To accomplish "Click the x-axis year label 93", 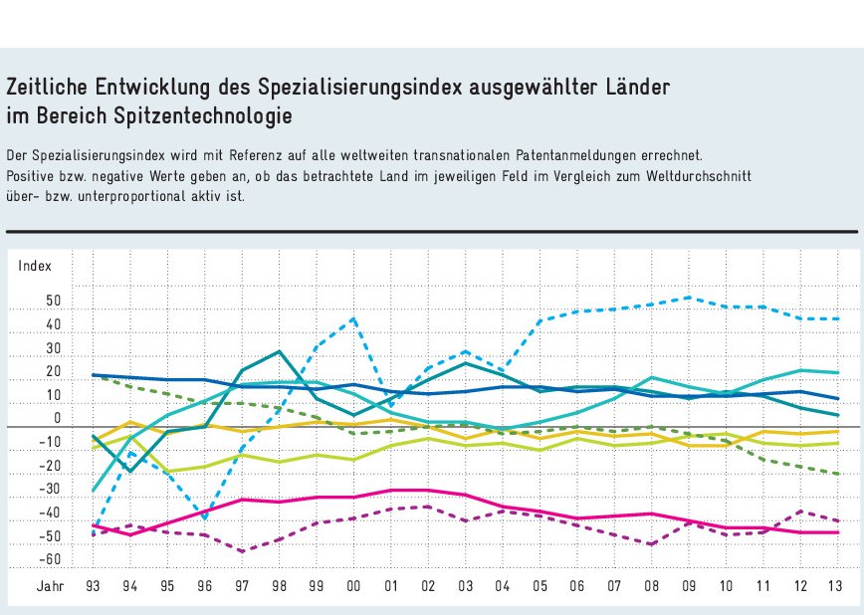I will tap(94, 586).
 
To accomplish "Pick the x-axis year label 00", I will tap(353, 586).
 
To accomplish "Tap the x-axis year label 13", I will tap(836, 586).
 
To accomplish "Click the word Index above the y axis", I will tap(34, 266).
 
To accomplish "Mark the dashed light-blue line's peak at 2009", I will tap(688, 297).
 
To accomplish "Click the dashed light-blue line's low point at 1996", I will tap(205, 518).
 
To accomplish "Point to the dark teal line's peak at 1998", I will tap(280, 351).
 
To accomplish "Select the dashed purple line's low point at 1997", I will tap(242, 551).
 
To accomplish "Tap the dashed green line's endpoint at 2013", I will tap(836, 475).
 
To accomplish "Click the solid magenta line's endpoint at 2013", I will tap(836, 532).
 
